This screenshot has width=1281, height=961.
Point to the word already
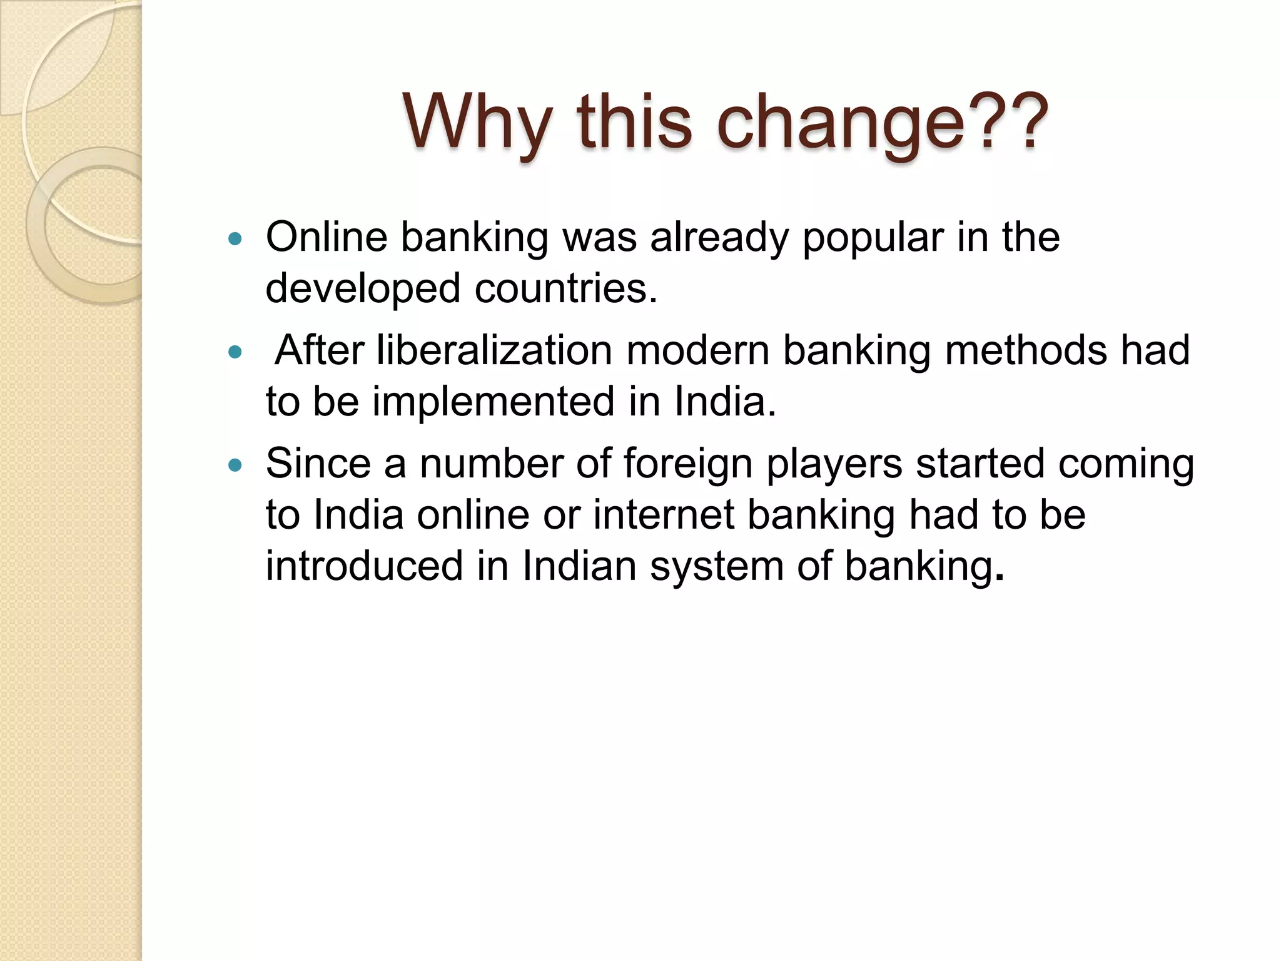719,238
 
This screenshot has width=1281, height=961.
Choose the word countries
566,289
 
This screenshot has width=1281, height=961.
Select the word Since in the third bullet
318,464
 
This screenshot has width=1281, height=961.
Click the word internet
663,515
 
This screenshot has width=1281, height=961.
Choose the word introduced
364,566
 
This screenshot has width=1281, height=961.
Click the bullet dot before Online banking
235,238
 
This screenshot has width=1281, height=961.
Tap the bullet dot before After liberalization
235,352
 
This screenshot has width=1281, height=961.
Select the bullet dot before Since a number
235,465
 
